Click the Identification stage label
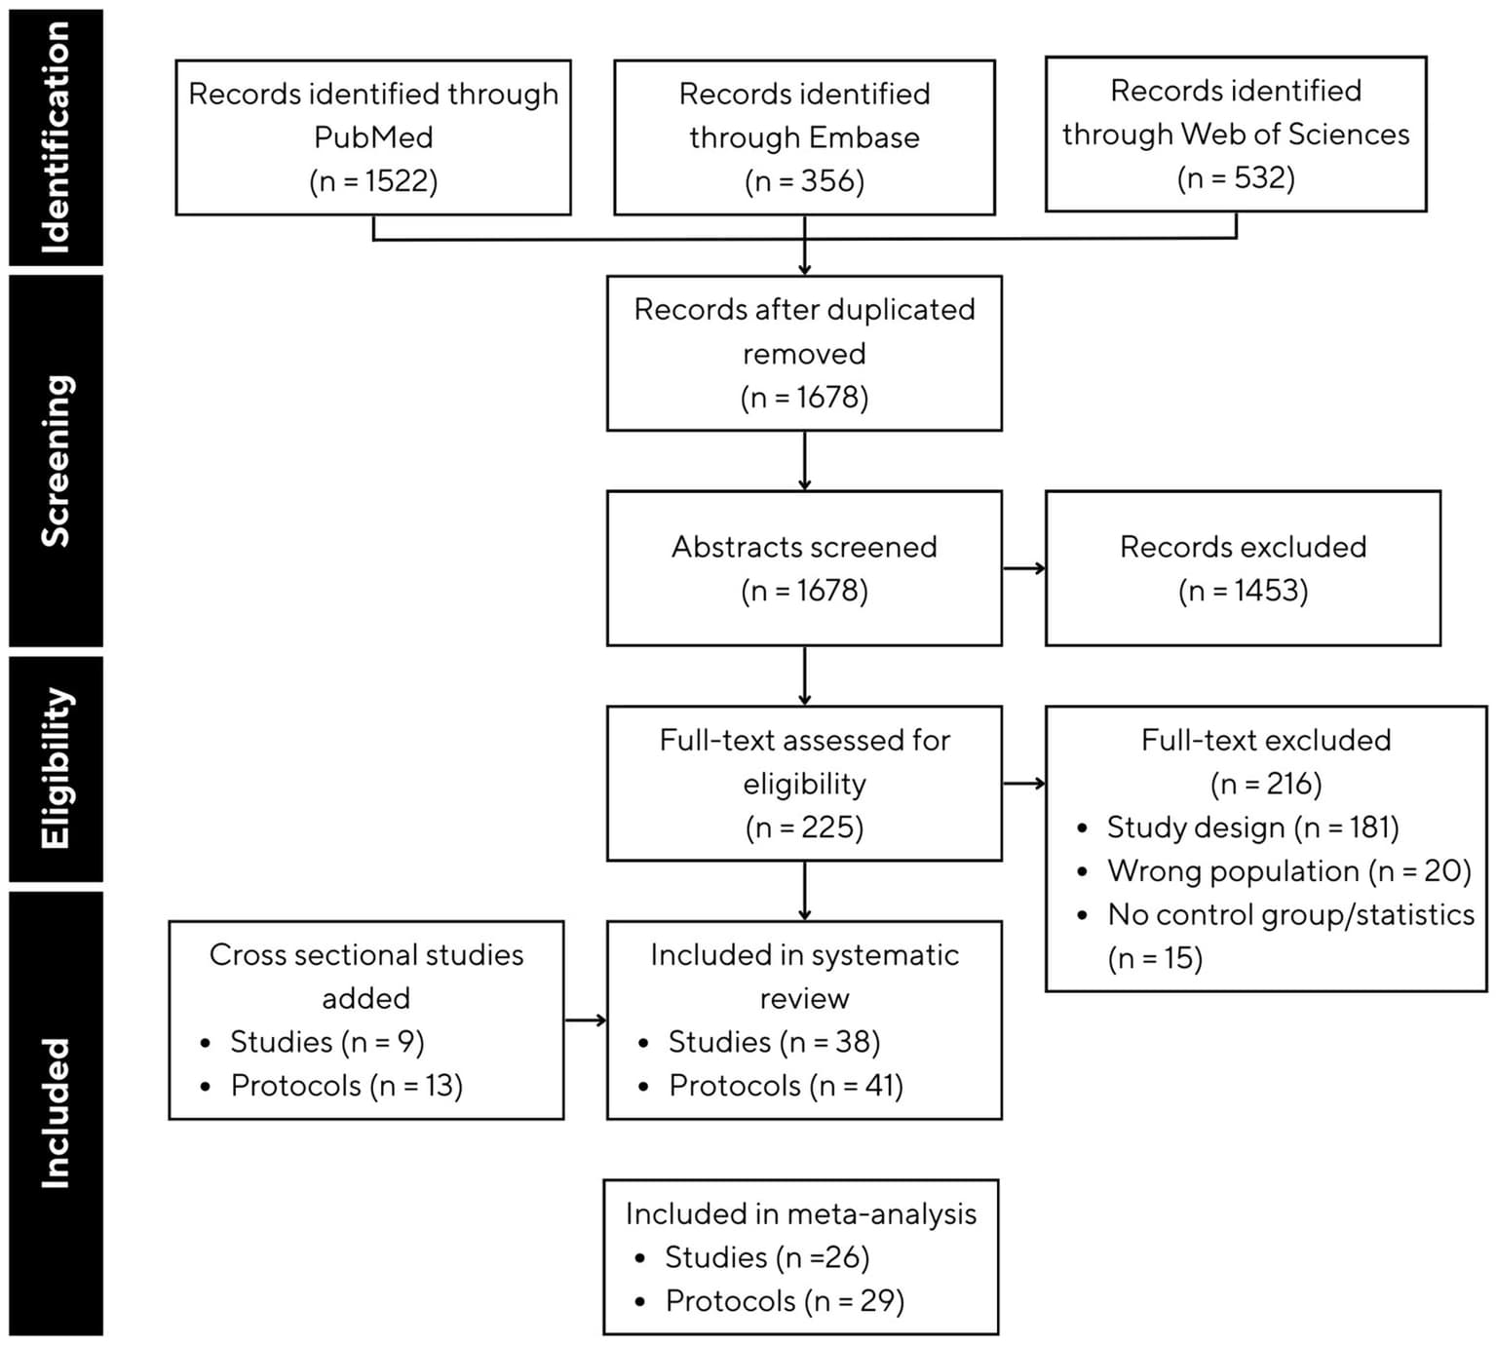point(56,137)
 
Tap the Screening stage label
point(56,460)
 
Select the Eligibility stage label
point(56,768)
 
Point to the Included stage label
point(56,1112)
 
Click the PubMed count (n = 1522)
point(373,181)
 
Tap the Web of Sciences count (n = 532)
point(1236,178)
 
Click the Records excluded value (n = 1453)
point(1243,591)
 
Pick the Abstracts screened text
point(804,547)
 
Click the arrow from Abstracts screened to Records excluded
point(1023,568)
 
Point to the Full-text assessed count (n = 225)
point(804,827)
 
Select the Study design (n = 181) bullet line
point(1252,827)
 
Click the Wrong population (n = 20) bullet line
point(1288,870)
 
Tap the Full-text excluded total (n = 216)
point(1265,784)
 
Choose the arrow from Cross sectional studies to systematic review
point(585,1020)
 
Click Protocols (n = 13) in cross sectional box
point(346,1086)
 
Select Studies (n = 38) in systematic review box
point(774,1042)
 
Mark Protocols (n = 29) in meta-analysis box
point(785,1301)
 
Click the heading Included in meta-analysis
point(800,1213)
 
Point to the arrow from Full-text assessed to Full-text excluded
point(1023,783)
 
